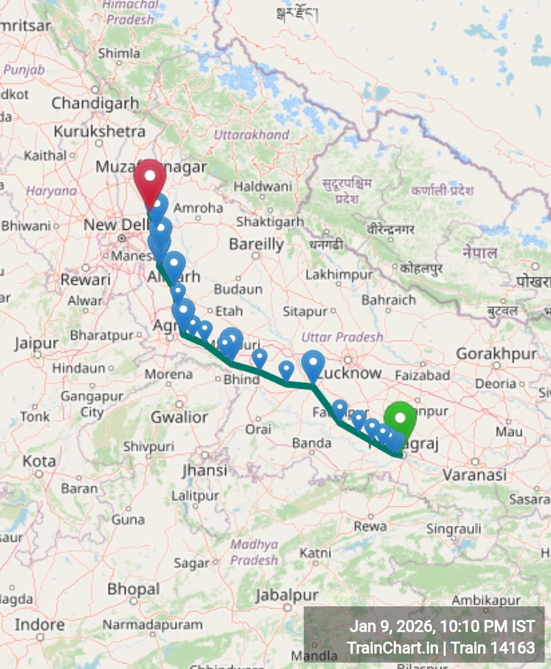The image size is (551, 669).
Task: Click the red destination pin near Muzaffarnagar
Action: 150,179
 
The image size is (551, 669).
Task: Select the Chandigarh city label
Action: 95,103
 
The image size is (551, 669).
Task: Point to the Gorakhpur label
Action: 496,354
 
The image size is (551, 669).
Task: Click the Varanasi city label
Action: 475,475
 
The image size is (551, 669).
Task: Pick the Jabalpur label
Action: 287,595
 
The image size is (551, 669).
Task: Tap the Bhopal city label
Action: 134,588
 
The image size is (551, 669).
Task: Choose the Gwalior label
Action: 179,417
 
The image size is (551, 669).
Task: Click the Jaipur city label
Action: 36,343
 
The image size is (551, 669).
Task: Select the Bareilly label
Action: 256,244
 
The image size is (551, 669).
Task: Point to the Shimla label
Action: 119,53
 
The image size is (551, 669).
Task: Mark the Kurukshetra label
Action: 99,131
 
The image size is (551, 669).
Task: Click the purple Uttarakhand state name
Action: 251,134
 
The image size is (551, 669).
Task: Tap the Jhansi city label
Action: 204,470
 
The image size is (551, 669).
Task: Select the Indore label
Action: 39,625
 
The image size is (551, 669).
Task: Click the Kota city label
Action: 39,461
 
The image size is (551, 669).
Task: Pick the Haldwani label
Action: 263,187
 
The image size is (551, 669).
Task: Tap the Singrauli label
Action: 454,528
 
